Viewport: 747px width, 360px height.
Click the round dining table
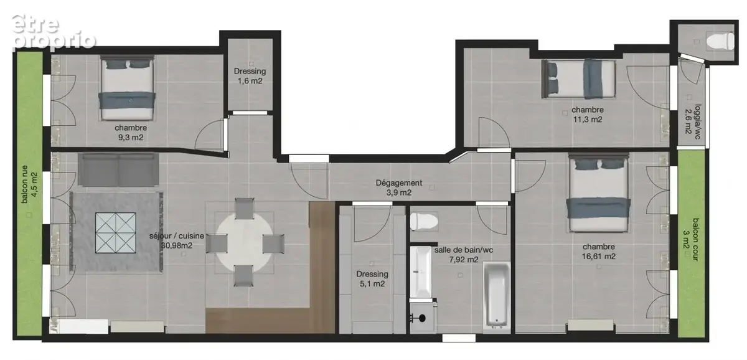[244, 242]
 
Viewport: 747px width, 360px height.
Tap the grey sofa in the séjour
[118, 169]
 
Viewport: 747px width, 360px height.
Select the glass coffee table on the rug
[115, 233]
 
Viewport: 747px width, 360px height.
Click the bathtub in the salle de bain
[497, 293]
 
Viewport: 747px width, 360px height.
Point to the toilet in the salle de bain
[424, 222]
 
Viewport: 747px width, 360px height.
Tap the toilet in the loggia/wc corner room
[721, 42]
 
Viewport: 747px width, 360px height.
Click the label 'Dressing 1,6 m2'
[250, 76]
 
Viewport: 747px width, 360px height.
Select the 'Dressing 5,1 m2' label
[372, 279]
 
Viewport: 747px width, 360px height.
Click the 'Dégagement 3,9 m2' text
[399, 187]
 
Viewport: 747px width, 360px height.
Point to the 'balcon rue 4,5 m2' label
[29, 184]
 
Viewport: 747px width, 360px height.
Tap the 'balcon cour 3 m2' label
[692, 239]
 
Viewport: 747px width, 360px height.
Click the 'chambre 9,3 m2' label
[131, 133]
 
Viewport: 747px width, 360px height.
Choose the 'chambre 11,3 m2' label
[588, 115]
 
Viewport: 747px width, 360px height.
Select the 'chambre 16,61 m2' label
[599, 252]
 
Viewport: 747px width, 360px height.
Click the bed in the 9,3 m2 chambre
[127, 88]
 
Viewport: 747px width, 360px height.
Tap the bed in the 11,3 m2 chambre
[578, 79]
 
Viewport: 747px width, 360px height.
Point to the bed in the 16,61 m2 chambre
[599, 193]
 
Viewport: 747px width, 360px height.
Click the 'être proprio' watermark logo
[54, 32]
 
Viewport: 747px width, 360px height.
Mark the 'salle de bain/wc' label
[464, 250]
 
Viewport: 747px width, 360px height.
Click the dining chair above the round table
[244, 209]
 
